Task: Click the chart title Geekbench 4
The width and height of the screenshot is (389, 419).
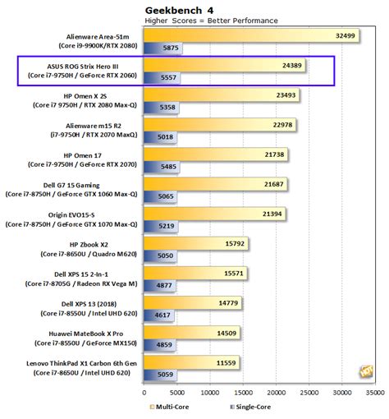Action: point(177,7)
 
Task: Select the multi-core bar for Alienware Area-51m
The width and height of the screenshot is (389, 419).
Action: point(246,36)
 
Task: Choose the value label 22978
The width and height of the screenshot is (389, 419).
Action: point(282,124)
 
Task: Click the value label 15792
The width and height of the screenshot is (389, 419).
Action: point(235,242)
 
